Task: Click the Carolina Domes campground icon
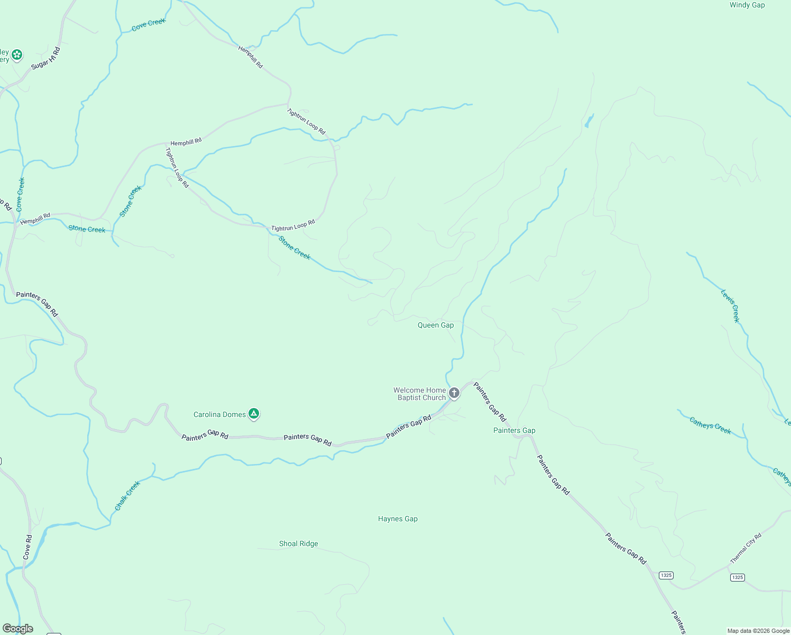(x=254, y=414)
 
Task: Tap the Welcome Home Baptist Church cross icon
(x=454, y=393)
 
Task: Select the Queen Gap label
(x=436, y=325)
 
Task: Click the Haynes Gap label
(x=398, y=519)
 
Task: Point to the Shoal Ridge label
(x=298, y=543)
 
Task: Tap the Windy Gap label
(x=747, y=5)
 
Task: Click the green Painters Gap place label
(x=514, y=430)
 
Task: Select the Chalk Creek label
(x=127, y=496)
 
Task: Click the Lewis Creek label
(x=730, y=306)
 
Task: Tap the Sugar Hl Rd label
(x=46, y=58)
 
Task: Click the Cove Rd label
(x=27, y=547)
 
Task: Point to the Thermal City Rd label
(x=746, y=548)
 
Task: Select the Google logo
(x=18, y=629)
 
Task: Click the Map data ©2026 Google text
(x=758, y=631)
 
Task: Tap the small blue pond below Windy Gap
(x=588, y=121)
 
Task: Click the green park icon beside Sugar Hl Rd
(x=17, y=55)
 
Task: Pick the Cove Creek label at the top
(x=149, y=24)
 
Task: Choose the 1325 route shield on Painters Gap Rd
(x=666, y=575)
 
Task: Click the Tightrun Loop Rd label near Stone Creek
(x=293, y=225)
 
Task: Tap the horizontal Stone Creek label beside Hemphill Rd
(x=87, y=229)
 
